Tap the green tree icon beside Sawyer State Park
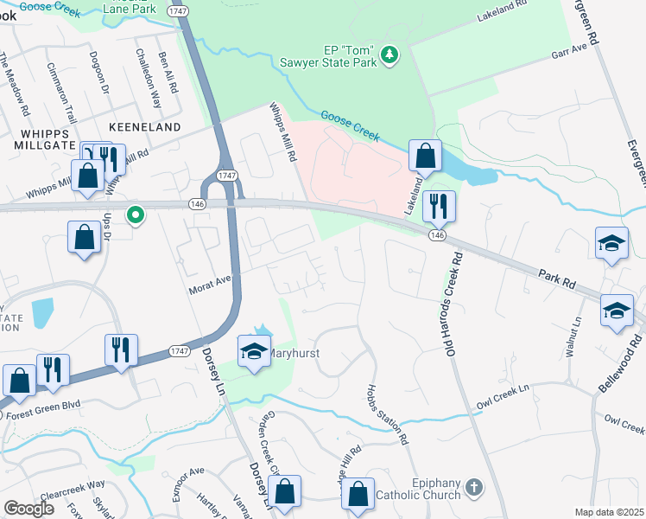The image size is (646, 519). click(x=390, y=54)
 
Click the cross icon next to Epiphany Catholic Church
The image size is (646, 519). click(x=472, y=488)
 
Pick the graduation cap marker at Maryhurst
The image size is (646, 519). click(x=255, y=351)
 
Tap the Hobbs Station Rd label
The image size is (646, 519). click(x=387, y=414)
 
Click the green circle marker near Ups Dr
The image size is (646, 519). click(x=136, y=215)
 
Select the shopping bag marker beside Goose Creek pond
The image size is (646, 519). click(x=425, y=157)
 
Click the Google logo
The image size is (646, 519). click(x=28, y=509)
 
